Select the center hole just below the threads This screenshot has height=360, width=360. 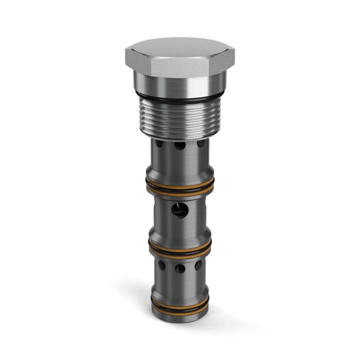coord(179,147)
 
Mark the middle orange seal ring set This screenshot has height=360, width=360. coord(178,246)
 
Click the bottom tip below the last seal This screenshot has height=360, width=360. coord(179,318)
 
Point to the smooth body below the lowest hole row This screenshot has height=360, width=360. coord(179,285)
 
